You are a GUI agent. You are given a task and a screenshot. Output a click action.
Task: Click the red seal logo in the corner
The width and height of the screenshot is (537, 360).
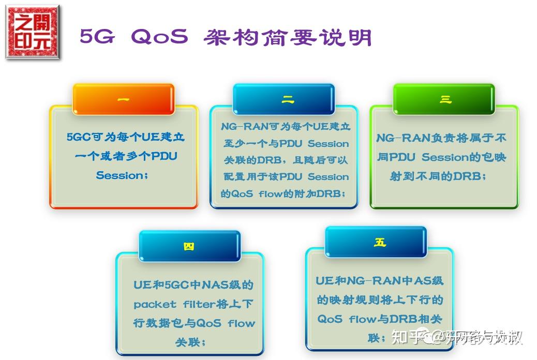[x=33, y=32]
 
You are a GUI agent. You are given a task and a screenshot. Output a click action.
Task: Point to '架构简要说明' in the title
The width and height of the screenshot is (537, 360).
[x=288, y=37]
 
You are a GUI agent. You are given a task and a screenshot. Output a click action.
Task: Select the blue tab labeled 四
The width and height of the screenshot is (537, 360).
[x=189, y=246]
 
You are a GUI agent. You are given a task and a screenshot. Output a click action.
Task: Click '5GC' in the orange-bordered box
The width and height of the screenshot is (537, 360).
[x=79, y=137]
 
